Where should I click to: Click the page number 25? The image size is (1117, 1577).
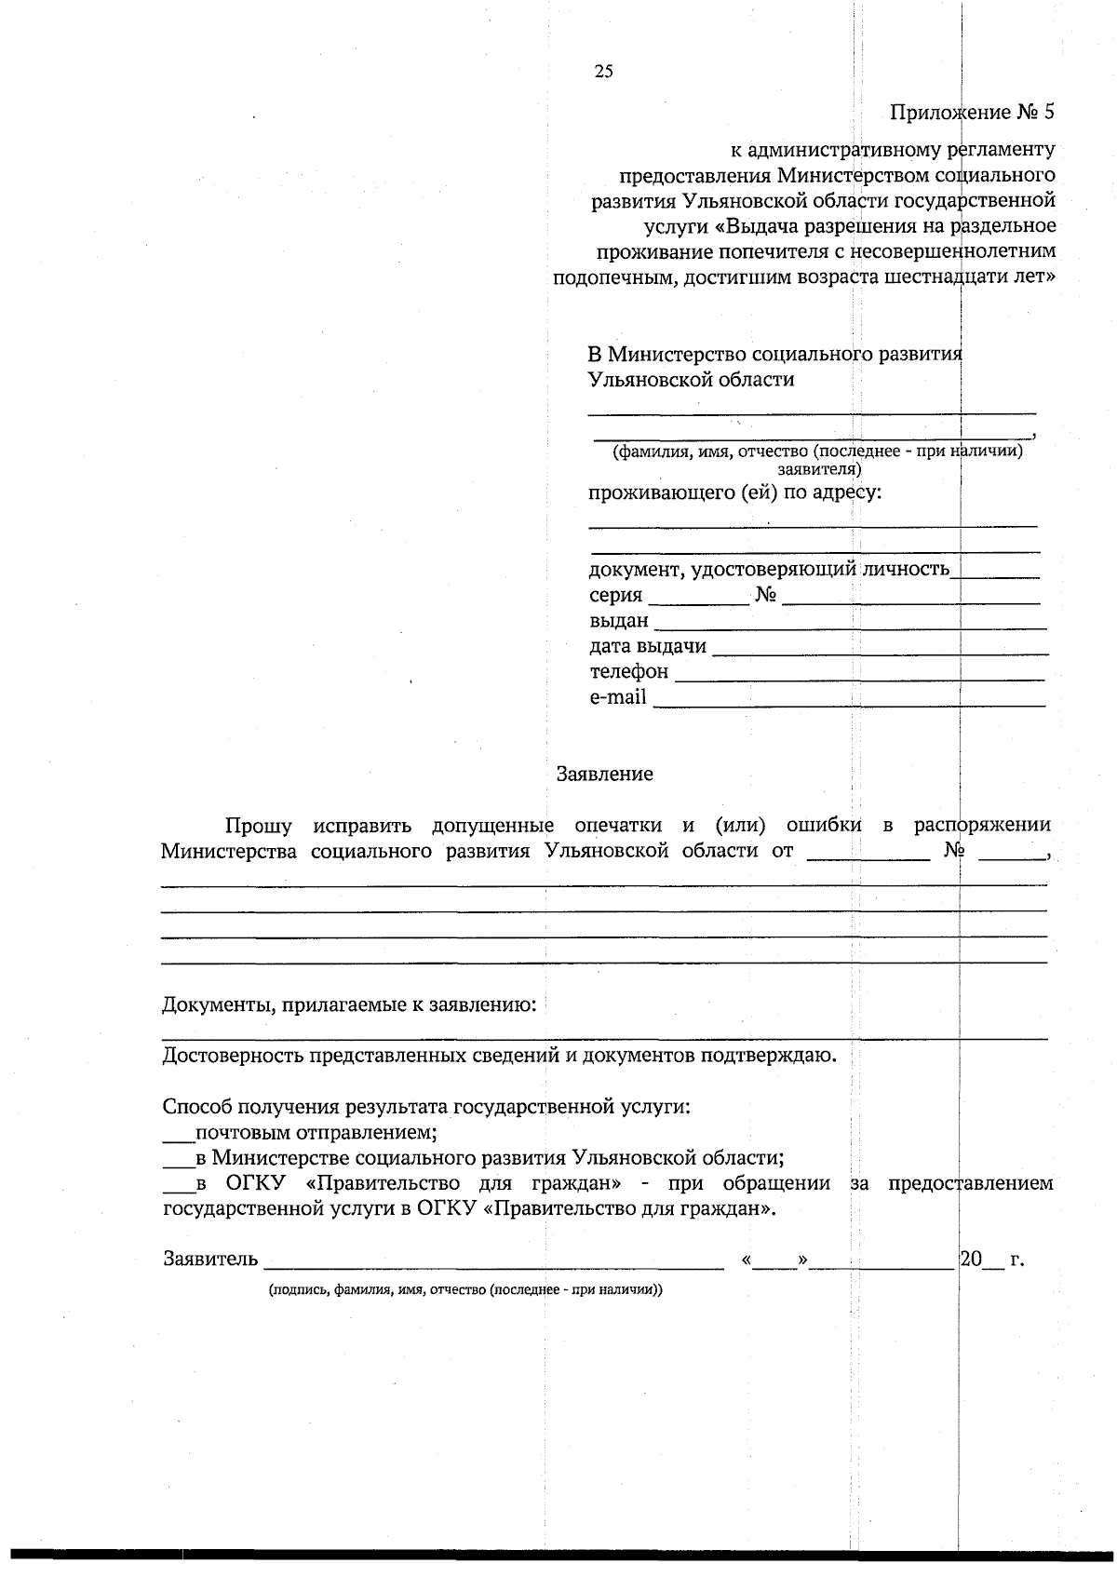pos(603,72)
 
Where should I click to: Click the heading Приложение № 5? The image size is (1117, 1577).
pos(972,113)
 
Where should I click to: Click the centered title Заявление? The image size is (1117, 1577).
pos(604,774)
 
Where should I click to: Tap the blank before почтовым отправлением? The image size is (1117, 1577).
pos(176,1138)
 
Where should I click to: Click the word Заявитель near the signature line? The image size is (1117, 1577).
pos(210,1260)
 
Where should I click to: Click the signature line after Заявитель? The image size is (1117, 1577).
pos(493,1264)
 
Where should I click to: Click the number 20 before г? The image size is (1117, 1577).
pos(971,1260)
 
